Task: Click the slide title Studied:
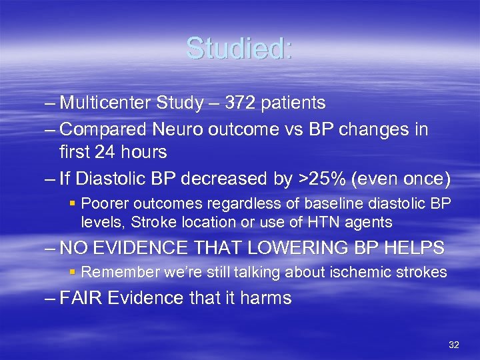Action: coord(239,48)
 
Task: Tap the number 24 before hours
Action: coord(118,153)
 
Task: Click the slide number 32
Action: coord(454,345)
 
